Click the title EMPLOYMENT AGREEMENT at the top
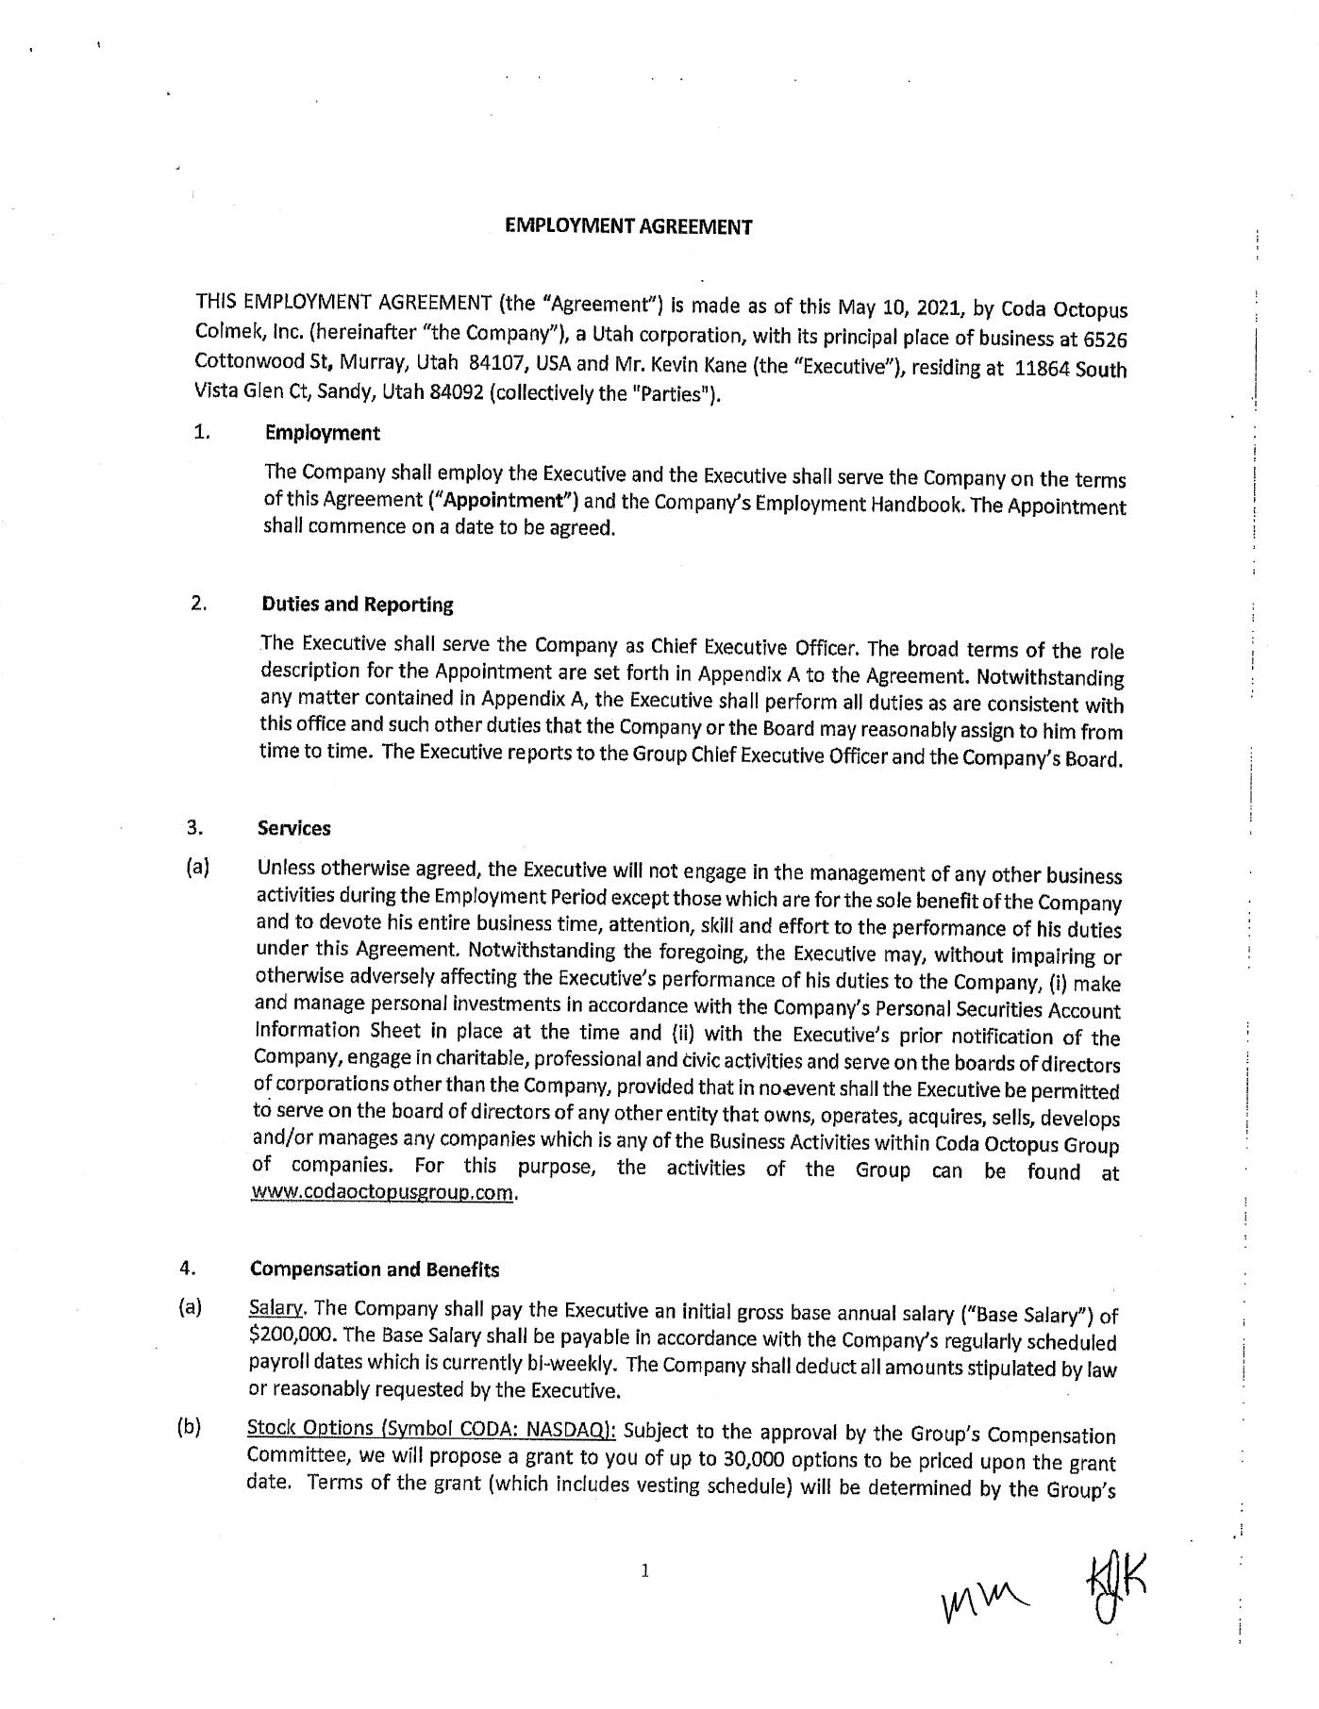coord(628,226)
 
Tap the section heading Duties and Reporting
coord(358,605)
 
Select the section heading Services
coord(294,828)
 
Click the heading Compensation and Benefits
coord(375,1269)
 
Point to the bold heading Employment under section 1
coord(323,433)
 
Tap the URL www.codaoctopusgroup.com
coord(383,1192)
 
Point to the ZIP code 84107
coord(495,361)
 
